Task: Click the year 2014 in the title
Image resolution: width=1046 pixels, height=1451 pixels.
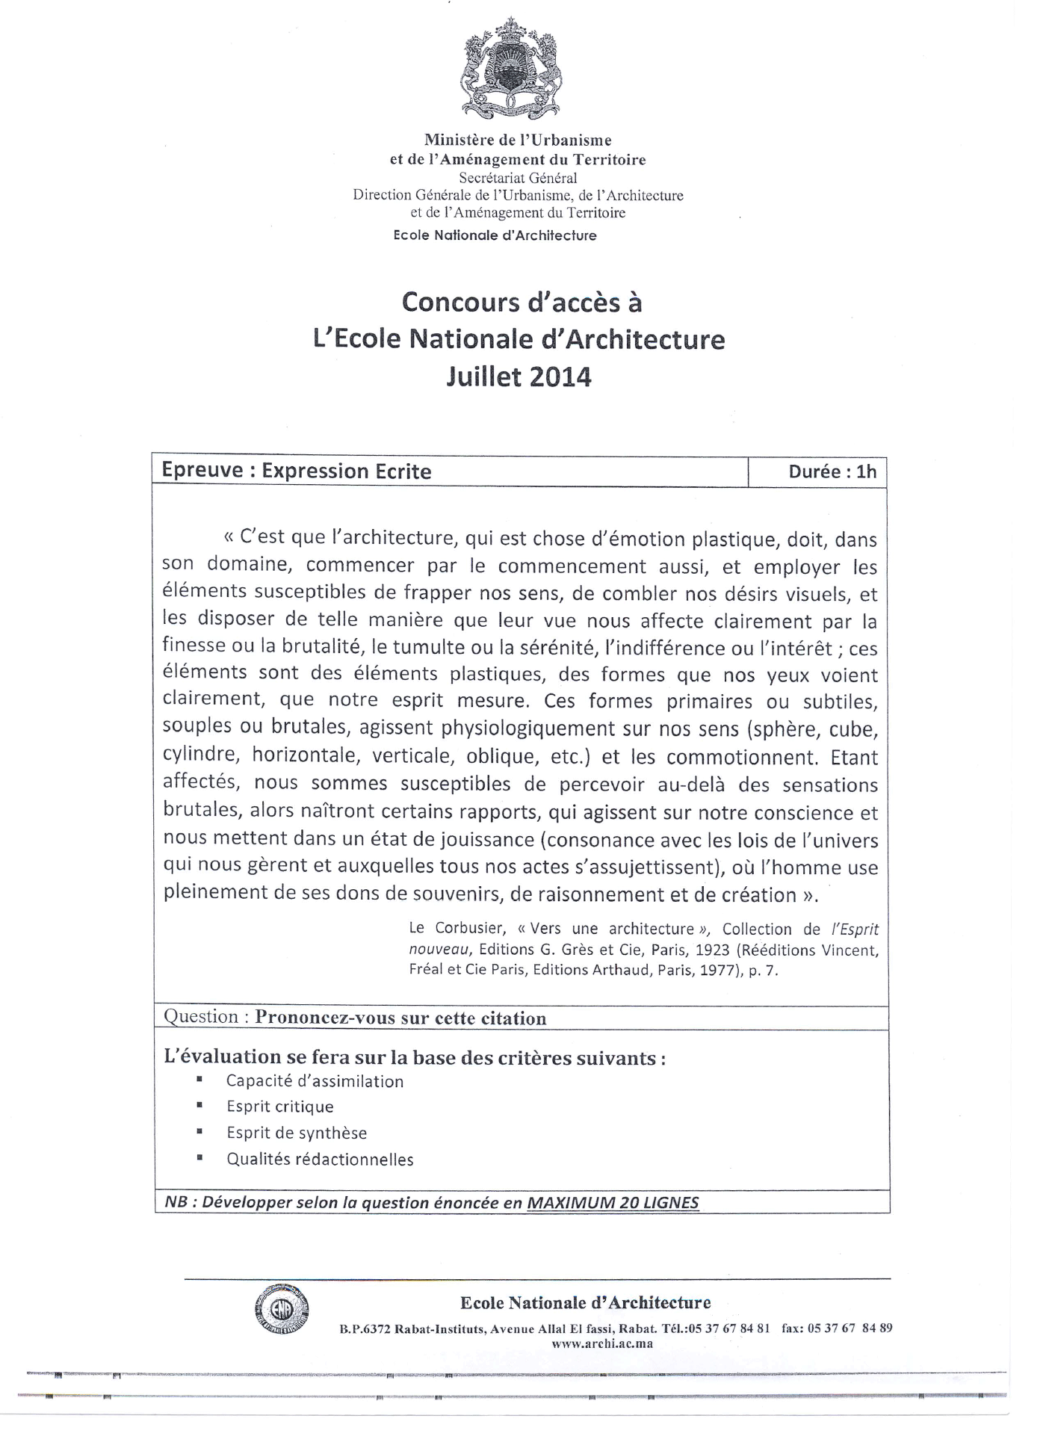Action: [559, 377]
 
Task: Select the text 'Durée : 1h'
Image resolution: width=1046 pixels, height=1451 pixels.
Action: [832, 471]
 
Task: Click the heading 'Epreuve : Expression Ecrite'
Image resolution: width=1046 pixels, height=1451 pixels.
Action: [297, 471]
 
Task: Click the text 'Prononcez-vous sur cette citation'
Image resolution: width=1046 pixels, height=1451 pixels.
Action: [400, 1018]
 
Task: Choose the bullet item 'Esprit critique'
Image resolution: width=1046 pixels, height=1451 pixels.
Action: [280, 1107]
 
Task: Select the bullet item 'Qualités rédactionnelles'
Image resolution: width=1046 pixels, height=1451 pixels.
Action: [320, 1160]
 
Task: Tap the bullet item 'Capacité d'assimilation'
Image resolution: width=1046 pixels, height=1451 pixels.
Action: [315, 1081]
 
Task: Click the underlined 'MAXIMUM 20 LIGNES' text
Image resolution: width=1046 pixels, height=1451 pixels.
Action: [613, 1203]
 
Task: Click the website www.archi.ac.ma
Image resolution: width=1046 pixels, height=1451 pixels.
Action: [602, 1343]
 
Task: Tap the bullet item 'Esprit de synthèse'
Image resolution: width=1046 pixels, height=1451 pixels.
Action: [297, 1133]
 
